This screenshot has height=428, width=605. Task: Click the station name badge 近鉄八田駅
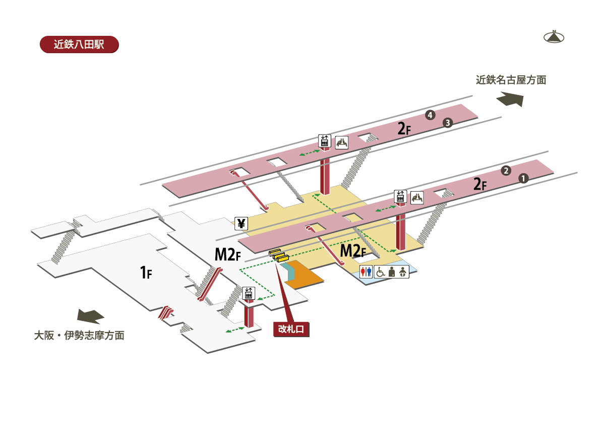(x=79, y=44)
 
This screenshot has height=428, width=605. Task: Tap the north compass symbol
(x=554, y=37)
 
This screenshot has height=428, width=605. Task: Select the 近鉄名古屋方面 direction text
(x=511, y=80)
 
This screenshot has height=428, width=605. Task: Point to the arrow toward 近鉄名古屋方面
(x=510, y=99)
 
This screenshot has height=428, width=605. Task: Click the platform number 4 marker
(x=430, y=116)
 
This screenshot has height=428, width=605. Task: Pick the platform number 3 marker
(x=447, y=123)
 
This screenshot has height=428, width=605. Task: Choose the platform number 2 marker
(x=506, y=171)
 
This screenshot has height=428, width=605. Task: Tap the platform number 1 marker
(x=523, y=178)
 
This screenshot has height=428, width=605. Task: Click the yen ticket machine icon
(x=241, y=224)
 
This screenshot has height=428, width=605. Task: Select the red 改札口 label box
(x=291, y=329)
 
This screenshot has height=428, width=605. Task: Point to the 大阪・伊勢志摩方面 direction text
(x=79, y=335)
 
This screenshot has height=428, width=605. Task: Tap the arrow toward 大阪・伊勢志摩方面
(x=90, y=316)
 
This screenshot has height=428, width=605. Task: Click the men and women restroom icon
(x=366, y=272)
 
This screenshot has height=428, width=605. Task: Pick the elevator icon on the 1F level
(x=248, y=293)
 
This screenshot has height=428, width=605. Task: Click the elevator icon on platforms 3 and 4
(x=324, y=141)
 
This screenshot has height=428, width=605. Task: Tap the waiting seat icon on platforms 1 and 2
(x=417, y=198)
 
